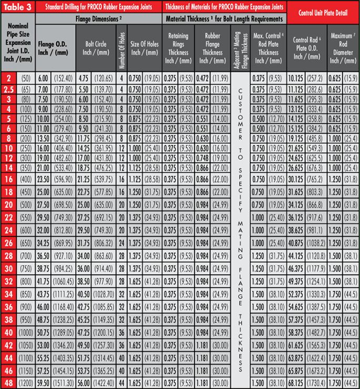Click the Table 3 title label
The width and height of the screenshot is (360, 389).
[x=17, y=7]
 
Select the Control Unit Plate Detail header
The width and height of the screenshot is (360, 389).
[x=323, y=11]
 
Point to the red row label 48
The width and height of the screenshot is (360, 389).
[x=9, y=383]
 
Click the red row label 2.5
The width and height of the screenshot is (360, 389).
[x=9, y=90]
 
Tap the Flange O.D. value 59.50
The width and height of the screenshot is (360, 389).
[x=43, y=383]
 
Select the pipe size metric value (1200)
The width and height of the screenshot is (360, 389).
[x=26, y=383]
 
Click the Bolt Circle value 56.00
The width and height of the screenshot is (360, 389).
[x=83, y=383]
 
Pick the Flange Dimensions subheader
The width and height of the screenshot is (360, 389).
[x=98, y=18]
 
